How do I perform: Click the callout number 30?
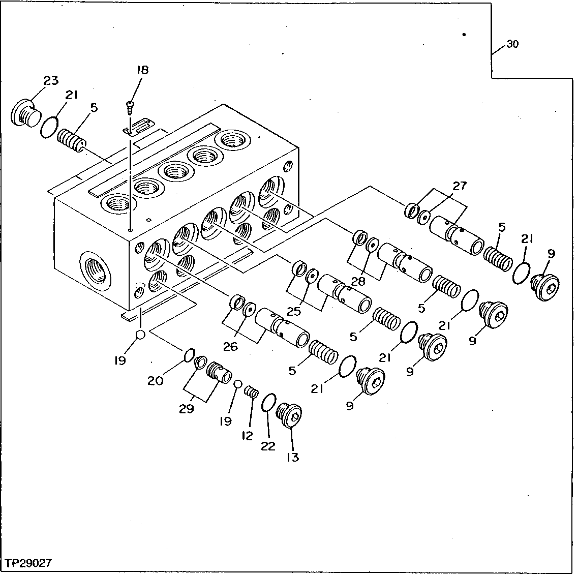(512, 44)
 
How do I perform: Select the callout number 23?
(50, 80)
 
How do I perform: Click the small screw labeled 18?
(131, 106)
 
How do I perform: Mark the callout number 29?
(187, 408)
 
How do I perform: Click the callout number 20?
(156, 380)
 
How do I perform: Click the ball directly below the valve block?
(141, 335)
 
